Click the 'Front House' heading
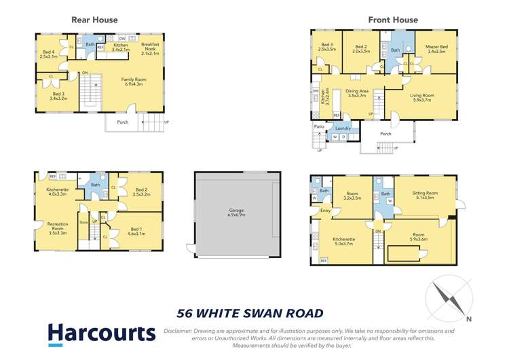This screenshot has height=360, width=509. (x=393, y=20)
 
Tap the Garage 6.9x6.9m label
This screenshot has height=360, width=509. (x=236, y=213)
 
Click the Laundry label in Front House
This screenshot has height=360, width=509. (x=342, y=128)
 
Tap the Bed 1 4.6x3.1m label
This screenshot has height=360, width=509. (x=136, y=232)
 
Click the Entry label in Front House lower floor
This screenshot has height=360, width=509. (x=325, y=211)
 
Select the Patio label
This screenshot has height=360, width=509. (x=319, y=127)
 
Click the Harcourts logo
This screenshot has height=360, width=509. (x=102, y=334)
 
